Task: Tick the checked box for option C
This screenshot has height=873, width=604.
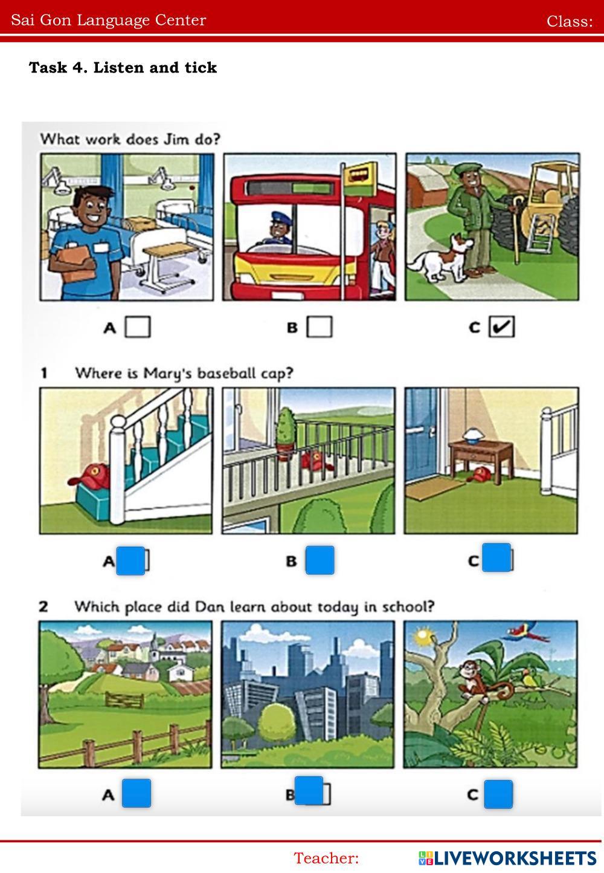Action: [501, 327]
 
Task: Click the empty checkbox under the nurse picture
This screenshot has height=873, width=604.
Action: [138, 327]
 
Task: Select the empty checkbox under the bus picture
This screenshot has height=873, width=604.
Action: [320, 327]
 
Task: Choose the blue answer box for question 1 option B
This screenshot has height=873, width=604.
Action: [320, 560]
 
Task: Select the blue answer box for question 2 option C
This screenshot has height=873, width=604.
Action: [498, 794]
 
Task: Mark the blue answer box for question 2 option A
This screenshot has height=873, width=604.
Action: [137, 794]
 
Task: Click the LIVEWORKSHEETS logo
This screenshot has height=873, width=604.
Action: [507, 858]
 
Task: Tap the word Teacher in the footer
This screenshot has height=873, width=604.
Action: [326, 858]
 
